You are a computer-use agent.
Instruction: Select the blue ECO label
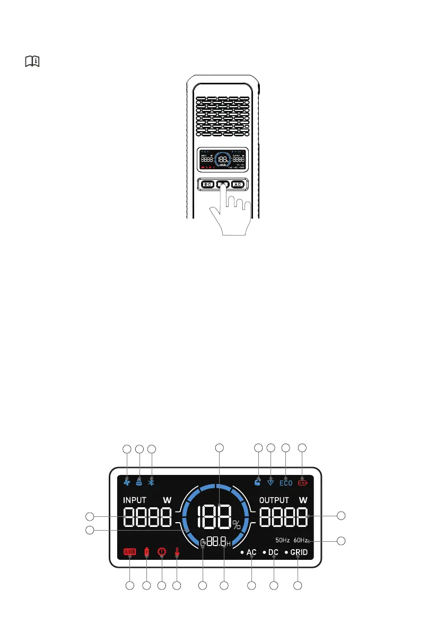tap(286, 483)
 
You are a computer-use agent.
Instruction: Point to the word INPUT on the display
tap(135, 500)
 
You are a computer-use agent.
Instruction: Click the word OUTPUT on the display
tap(274, 500)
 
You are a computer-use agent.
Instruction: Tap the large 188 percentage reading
tap(215, 517)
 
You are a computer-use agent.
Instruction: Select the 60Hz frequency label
tap(300, 541)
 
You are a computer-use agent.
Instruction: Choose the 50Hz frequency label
tap(282, 541)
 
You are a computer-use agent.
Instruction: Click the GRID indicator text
tap(299, 552)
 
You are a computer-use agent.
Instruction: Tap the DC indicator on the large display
tap(273, 552)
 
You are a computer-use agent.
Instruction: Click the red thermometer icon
tap(177, 552)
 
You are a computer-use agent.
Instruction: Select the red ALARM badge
tap(130, 552)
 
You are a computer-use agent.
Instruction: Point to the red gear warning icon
tap(161, 552)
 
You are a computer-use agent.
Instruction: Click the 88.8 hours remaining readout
tap(218, 542)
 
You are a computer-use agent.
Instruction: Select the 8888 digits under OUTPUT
tap(283, 516)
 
